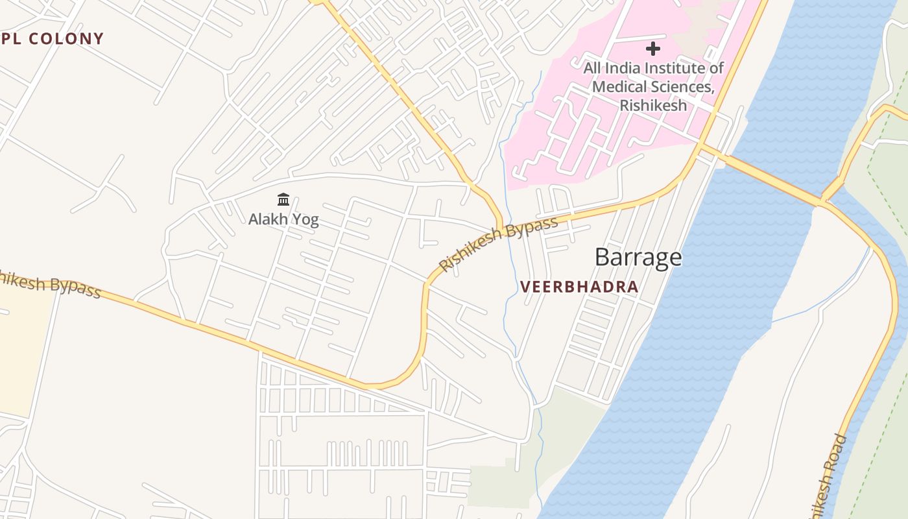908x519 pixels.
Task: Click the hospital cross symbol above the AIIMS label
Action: coord(653,49)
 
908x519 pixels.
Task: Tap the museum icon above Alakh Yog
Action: coord(283,200)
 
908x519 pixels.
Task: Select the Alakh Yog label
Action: coord(283,219)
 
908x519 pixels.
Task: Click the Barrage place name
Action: coord(638,258)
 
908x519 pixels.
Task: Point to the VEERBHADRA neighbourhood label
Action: coord(579,287)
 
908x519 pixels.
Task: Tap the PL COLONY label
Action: coord(52,39)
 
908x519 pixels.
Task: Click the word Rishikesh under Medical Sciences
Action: coord(653,105)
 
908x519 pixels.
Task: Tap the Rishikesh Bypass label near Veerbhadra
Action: coord(497,245)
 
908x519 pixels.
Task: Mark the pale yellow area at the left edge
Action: coord(23,357)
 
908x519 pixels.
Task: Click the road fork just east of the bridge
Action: coord(822,202)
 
